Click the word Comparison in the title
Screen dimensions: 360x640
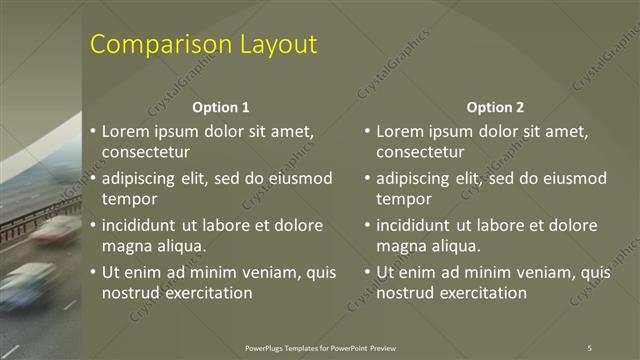point(161,45)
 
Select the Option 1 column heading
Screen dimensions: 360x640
point(220,107)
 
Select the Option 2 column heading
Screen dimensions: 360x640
point(495,107)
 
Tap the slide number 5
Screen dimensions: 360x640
point(589,347)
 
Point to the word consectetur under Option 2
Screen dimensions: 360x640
point(421,152)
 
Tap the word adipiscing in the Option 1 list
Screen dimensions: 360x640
point(141,179)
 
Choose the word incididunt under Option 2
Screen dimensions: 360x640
point(417,225)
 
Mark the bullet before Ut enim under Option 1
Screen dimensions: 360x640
point(93,272)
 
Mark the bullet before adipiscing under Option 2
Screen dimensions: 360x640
point(368,178)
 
